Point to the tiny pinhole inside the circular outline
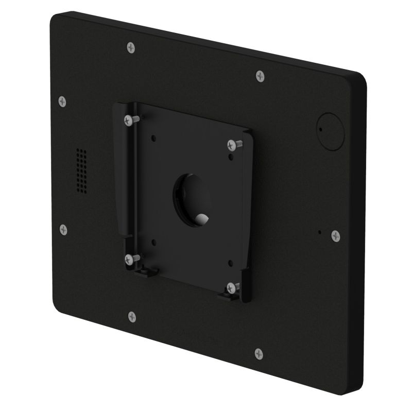pos(320,125)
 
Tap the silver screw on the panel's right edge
pos(335,236)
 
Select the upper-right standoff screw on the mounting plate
pos(231,143)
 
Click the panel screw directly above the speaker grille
pos(63,100)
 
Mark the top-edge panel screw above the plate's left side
pos(131,47)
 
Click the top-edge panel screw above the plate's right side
pos(260,76)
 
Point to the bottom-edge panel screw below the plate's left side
pos(131,316)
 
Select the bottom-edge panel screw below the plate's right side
pos(259,353)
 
